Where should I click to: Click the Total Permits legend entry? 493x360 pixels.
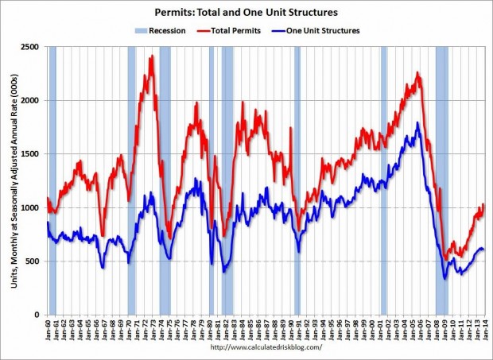coord(243,31)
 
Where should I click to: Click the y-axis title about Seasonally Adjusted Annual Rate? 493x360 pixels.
coord(14,181)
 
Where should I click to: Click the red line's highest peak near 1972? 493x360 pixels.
coord(151,55)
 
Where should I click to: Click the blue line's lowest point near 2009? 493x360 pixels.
coord(444,278)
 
